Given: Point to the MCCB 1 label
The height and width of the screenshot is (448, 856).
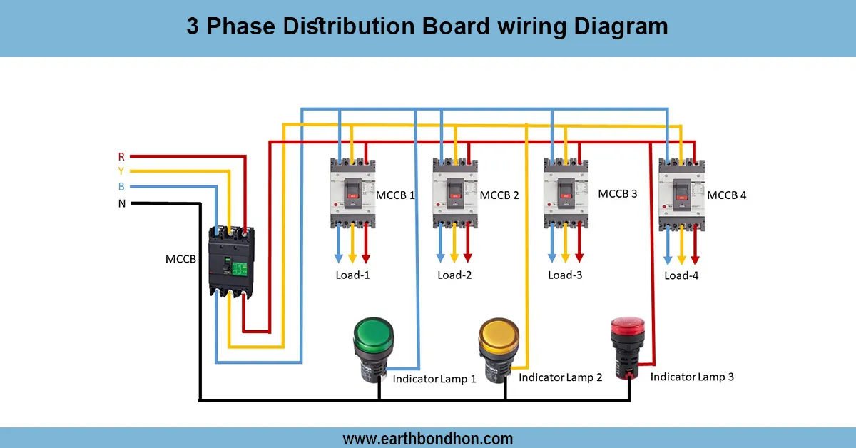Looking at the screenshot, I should (395, 195).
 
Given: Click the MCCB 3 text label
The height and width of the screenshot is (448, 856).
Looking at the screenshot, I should (617, 193).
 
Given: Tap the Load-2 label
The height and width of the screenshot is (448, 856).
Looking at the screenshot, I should (454, 275).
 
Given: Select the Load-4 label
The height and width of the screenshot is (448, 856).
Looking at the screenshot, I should (681, 275).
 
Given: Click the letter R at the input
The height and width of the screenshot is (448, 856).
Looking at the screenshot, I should (121, 156).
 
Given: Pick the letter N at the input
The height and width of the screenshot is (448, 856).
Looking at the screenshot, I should (121, 203).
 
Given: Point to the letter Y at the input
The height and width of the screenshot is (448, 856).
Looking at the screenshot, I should (121, 171).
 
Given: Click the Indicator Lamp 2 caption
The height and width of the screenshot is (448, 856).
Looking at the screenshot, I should (560, 377).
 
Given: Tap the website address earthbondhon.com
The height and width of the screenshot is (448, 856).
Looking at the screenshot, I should (428, 438).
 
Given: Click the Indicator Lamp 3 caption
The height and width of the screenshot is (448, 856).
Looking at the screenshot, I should (692, 376).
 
